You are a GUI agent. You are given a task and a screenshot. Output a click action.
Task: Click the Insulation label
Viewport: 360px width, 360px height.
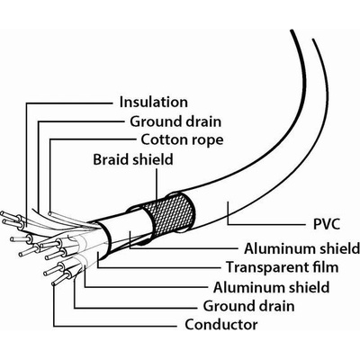(x=154, y=102)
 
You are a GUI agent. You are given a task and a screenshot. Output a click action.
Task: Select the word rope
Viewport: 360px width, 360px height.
(x=206, y=141)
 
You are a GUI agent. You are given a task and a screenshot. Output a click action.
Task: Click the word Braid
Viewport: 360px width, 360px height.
(x=111, y=159)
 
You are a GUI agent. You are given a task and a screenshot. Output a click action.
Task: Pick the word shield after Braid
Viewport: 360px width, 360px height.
(x=153, y=159)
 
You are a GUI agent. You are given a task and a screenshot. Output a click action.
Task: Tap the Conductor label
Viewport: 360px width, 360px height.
(x=221, y=325)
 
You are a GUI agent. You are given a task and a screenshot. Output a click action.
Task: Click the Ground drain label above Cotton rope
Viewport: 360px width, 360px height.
(x=175, y=121)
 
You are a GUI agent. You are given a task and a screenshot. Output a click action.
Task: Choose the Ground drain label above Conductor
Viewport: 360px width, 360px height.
(x=248, y=306)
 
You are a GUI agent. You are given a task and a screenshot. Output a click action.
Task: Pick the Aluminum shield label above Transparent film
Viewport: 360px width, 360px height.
(x=301, y=248)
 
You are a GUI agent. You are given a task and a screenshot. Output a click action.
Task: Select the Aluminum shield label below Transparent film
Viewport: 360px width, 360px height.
(x=272, y=287)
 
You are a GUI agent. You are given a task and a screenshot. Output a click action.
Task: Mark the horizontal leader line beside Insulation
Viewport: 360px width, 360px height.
(x=68, y=103)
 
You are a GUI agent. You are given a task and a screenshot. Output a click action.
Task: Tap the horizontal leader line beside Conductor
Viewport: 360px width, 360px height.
(x=115, y=326)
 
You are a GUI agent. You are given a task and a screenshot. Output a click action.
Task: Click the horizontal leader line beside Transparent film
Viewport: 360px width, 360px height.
(x=159, y=267)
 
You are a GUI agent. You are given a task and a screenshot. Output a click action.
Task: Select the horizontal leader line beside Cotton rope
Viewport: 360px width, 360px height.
(x=93, y=139)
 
